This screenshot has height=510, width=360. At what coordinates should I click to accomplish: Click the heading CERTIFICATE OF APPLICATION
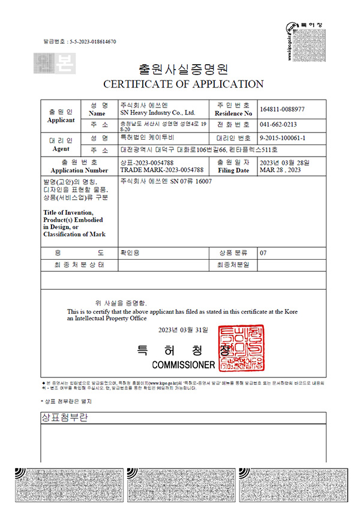coord(184,84)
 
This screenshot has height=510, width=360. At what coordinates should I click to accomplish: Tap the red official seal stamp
coord(242,347)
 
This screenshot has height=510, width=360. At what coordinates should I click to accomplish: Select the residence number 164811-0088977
coord(283,109)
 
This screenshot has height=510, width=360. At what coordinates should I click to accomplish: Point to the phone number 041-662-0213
coord(278,125)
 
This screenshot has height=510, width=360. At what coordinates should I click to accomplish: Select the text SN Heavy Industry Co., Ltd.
coord(158,112)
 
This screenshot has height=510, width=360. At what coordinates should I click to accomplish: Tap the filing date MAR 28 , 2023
coord(280,170)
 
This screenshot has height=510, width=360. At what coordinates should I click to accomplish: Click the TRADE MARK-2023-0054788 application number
coord(155,170)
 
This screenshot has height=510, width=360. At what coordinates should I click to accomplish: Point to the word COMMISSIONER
coord(183,365)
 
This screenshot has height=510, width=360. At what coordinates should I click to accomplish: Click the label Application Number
coord(80,170)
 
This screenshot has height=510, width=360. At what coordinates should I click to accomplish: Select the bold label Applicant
coord(61,120)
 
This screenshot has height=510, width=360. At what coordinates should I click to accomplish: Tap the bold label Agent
coord(61,148)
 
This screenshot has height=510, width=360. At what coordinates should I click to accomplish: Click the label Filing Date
coord(233,170)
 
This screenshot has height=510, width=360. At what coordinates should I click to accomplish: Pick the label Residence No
coord(233,113)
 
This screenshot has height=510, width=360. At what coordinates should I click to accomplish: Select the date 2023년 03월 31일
coord(183,330)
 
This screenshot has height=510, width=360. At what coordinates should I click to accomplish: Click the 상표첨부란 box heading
coord(64,418)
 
